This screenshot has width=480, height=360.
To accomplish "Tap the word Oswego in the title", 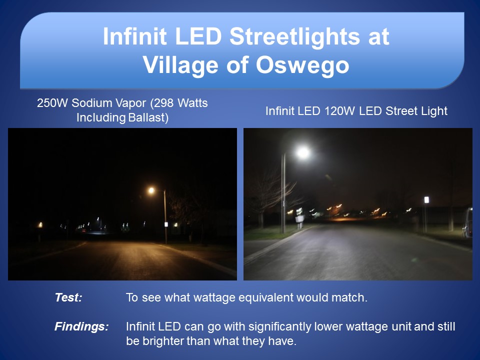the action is (x=302, y=65).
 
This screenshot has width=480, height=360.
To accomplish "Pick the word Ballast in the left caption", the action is (x=146, y=117).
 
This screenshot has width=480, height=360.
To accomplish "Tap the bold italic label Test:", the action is (x=68, y=297).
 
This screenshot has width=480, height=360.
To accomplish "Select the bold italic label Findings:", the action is (x=81, y=326).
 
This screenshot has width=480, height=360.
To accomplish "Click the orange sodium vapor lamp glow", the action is (x=151, y=190).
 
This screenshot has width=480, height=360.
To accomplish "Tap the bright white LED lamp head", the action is (x=303, y=152).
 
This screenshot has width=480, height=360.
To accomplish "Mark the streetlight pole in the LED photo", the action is (x=284, y=193).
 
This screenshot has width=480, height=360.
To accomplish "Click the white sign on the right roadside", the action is (x=426, y=200).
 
